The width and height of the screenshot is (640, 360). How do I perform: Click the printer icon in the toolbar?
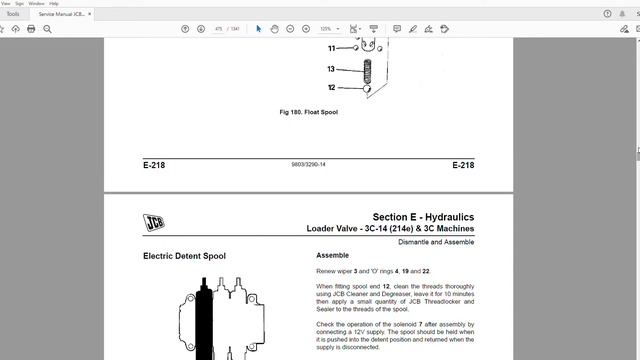coord(31,29)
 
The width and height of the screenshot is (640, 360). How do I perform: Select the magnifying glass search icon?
coord(47,29)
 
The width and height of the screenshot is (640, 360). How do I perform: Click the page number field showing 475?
coord(218,29)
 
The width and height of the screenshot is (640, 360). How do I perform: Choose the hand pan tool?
coord(274,29)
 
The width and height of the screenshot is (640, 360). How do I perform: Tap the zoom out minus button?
coord(290,29)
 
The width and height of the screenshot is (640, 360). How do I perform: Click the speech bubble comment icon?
coord(397,29)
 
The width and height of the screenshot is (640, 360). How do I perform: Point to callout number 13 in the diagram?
coord(331,70)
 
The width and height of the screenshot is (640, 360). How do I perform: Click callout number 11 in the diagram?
coord(331,48)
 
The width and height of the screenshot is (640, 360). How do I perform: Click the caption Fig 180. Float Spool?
coord(308,112)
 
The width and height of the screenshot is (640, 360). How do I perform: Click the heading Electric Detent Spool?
coord(184,256)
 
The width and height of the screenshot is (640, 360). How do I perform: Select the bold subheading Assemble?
coord(332,255)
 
